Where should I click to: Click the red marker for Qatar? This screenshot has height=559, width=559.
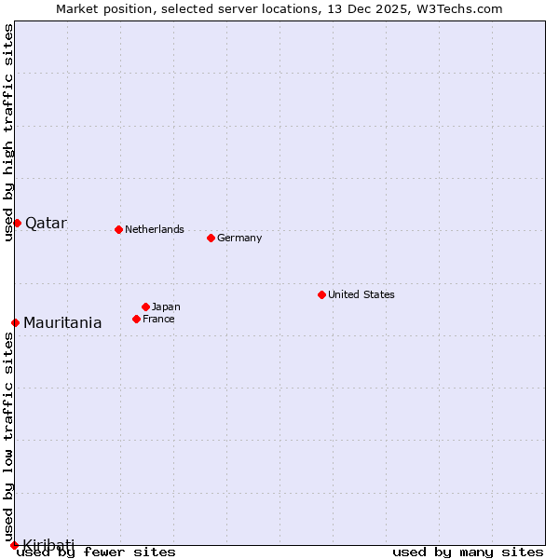tap(17, 223)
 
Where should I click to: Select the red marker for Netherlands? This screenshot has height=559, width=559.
tap(118, 229)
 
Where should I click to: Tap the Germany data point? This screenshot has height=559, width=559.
tap(211, 238)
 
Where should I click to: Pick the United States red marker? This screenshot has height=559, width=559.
tap(321, 294)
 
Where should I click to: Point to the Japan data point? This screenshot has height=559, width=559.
tap(145, 307)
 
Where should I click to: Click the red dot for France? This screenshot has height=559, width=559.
tap(136, 319)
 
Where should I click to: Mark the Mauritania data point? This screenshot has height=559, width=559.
tap(15, 322)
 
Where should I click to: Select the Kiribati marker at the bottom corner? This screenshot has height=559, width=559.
tap(14, 545)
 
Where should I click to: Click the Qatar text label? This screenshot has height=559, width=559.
tap(46, 223)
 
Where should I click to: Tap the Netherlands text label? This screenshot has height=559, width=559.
tap(155, 229)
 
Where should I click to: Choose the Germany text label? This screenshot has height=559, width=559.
tap(239, 238)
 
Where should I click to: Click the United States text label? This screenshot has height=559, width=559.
tap(361, 294)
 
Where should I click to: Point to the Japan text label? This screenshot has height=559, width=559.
tap(166, 307)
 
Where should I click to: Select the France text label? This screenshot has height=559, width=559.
tap(158, 319)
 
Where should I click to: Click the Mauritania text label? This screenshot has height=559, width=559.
tap(62, 323)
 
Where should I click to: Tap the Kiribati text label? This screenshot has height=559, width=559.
tap(48, 544)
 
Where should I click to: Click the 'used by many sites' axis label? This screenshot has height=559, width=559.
tap(468, 552)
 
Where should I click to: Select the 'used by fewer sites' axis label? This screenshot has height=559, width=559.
tap(97, 552)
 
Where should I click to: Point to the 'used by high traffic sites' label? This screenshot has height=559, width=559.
tap(8, 132)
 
